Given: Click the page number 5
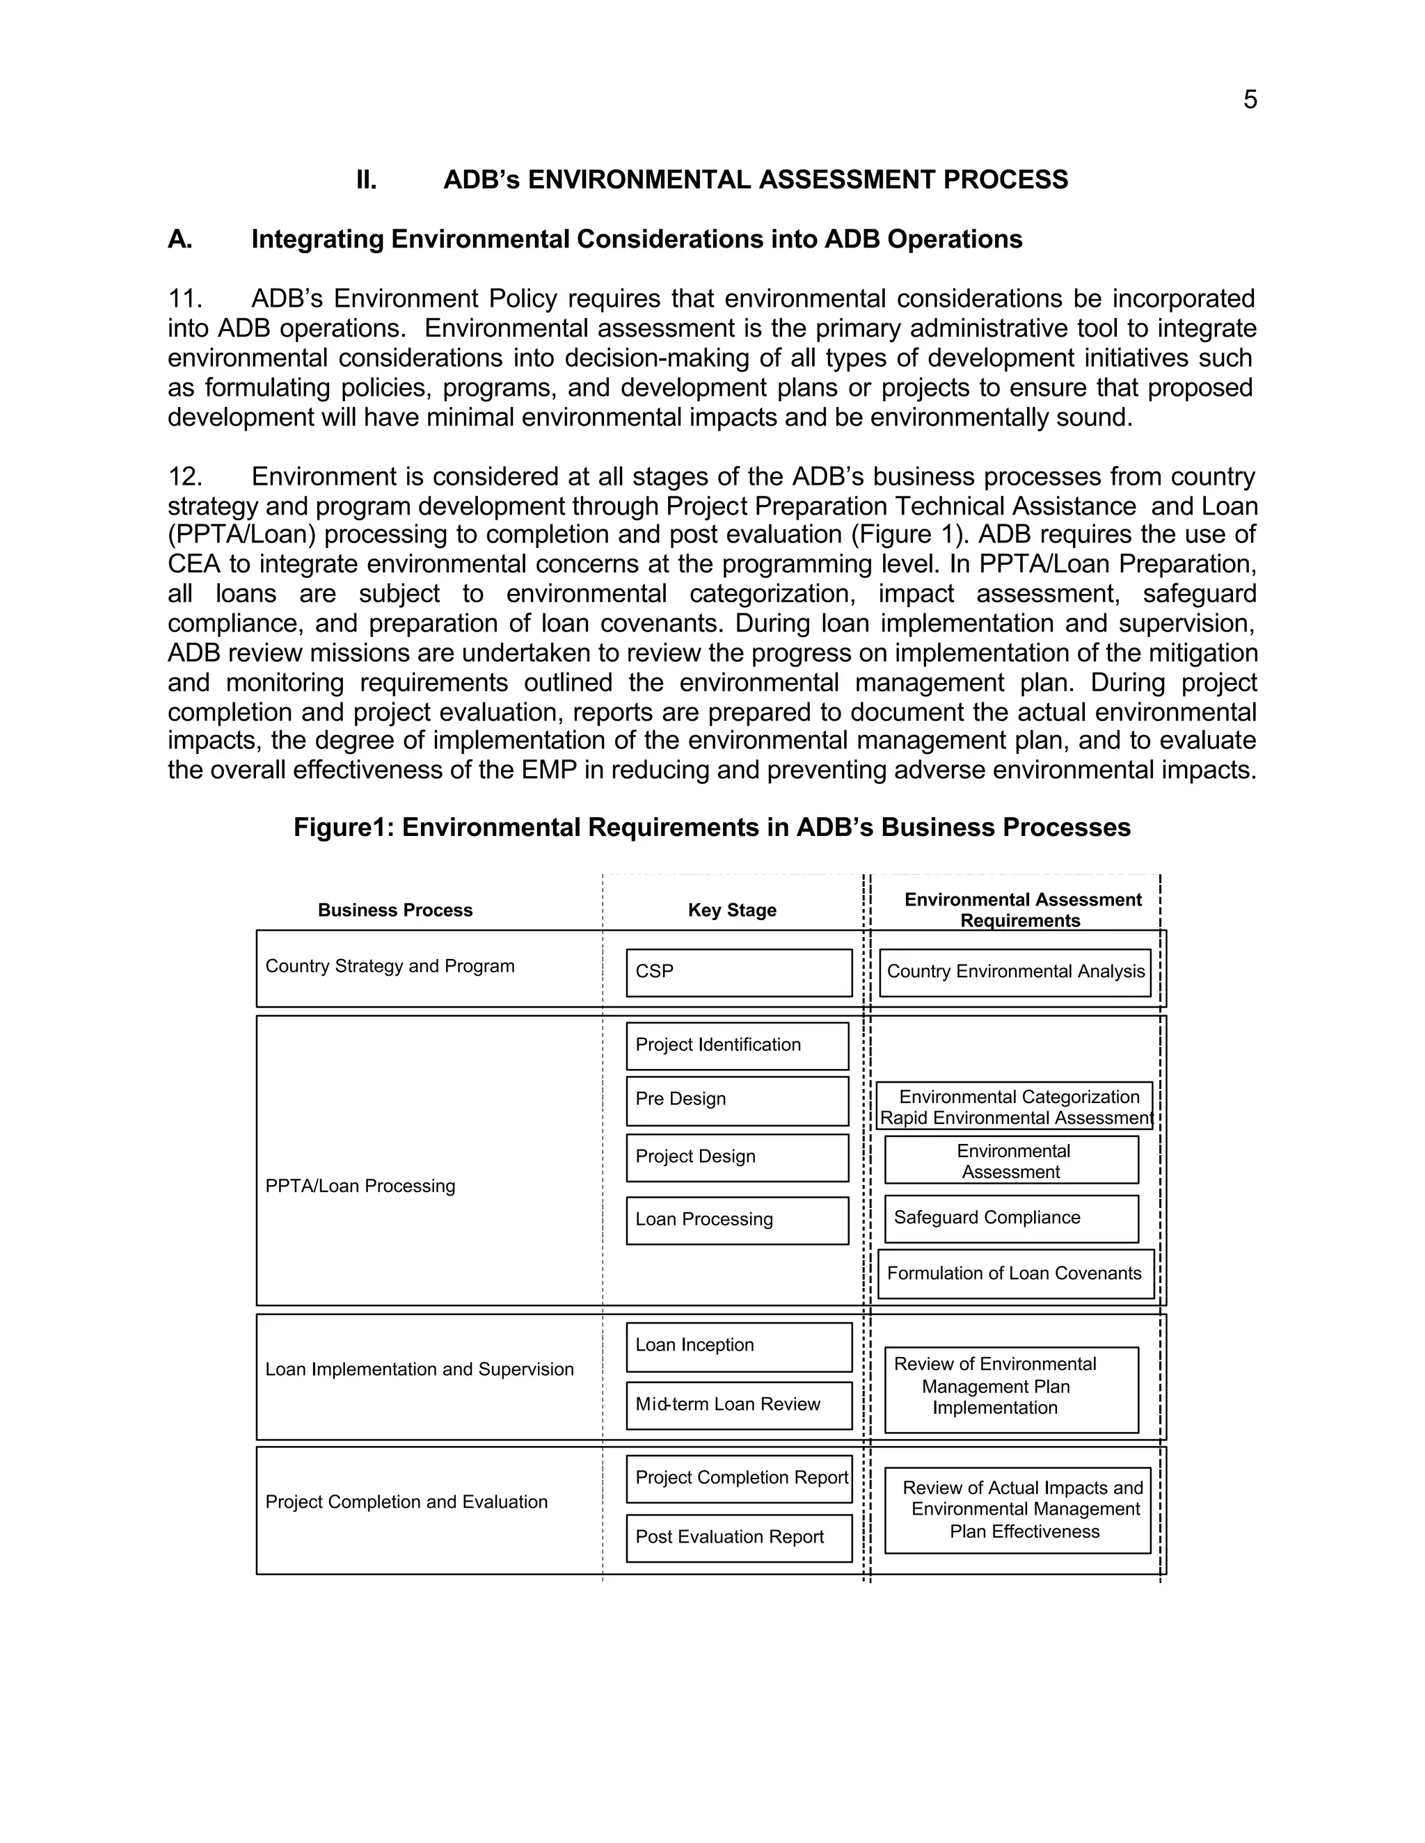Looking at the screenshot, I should point(1250,100).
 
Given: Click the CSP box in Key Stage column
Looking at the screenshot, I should point(739,972).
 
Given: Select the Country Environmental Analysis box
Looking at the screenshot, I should point(1014,972).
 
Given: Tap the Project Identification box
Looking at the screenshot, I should point(737,1045).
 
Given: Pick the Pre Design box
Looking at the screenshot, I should point(737,1100).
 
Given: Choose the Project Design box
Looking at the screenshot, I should point(737,1157).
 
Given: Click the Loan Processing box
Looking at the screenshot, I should point(737,1219).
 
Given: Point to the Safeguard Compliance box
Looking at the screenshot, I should point(1010,1218).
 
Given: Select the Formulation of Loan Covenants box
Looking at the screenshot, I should point(1014,1273).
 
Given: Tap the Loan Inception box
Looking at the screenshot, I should point(739,1346).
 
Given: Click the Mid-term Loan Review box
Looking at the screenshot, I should point(739,1405).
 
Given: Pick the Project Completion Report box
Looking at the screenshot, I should point(739,1478).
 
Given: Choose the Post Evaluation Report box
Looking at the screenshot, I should point(739,1538).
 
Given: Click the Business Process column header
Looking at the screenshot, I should point(395,910).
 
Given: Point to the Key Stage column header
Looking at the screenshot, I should point(732,910).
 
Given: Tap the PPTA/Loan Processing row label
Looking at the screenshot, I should point(360,1186).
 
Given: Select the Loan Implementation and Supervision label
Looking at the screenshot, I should point(420,1369).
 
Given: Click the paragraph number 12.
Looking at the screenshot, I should point(185,477).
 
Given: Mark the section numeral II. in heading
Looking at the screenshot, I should point(367,181).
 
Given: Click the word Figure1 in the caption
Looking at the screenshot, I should point(343,828).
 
